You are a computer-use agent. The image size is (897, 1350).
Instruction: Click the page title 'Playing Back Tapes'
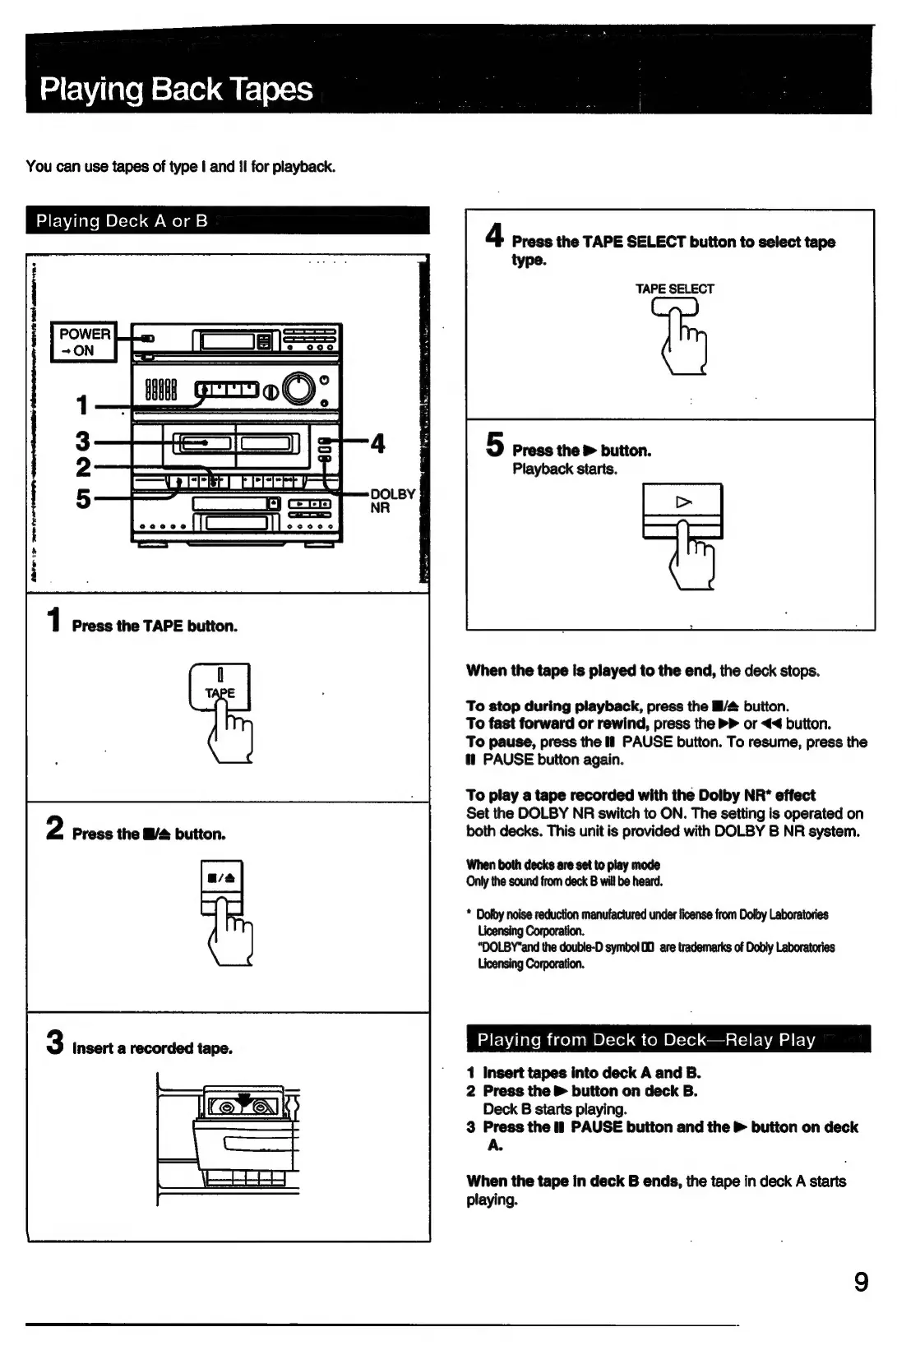point(176,89)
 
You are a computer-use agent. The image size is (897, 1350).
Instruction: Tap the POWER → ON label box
point(84,342)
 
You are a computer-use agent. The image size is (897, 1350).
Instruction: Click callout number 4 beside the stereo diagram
point(377,444)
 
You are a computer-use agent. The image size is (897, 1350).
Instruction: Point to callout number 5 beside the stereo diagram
point(83,498)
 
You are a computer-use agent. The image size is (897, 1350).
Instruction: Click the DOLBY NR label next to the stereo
point(391,501)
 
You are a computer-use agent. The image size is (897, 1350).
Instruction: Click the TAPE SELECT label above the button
point(674,289)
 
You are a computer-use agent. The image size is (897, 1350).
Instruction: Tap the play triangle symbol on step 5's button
point(683,502)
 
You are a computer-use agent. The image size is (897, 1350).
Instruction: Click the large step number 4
point(494,236)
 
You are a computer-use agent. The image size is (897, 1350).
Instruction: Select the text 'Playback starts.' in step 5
point(565,469)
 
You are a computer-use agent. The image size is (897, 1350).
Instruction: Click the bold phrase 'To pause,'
point(501,742)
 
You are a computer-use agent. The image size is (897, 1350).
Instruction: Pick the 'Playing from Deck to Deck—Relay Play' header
point(646,1039)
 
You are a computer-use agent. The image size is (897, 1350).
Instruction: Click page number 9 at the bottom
point(861,1282)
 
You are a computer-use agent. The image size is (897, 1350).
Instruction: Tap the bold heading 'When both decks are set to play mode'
point(563,865)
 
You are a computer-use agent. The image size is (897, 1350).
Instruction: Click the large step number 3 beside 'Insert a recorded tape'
point(55,1043)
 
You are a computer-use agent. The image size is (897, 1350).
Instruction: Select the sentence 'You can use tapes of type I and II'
point(181,166)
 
